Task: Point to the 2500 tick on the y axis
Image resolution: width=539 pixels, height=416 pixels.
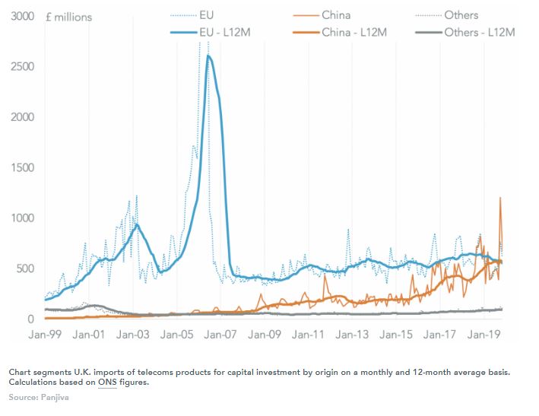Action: (23, 67)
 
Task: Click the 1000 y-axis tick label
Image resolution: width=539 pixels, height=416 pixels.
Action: (23, 218)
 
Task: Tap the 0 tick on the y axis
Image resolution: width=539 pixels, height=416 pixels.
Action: (31, 319)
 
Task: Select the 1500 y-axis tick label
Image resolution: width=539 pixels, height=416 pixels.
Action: (23, 168)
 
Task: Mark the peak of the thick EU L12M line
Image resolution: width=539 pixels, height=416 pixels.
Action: (208, 56)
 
